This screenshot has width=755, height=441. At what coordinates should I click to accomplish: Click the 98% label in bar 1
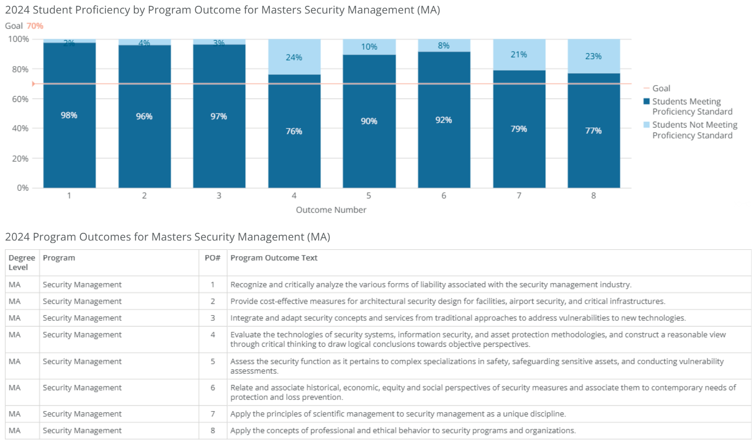coord(69,115)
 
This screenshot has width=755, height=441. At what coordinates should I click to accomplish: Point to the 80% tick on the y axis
coord(20,69)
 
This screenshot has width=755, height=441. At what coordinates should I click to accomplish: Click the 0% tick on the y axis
coord(23,188)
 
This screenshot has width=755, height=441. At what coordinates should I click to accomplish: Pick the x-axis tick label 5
coord(369,196)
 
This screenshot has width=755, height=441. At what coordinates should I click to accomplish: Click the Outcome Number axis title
coord(331,210)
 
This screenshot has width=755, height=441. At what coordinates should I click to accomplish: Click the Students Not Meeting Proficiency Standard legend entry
coord(694,130)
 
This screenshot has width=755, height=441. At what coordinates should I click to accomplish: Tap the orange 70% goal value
coord(35,26)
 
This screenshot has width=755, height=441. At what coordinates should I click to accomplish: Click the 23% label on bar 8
coord(593,56)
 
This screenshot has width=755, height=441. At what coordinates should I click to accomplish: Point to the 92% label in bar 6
coord(443,120)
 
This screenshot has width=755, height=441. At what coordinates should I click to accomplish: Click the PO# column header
coord(212,258)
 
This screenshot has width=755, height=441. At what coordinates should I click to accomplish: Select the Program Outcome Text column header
coord(274,258)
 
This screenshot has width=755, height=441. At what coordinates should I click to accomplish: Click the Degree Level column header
coord(22,262)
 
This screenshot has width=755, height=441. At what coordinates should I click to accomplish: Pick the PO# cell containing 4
coord(213,334)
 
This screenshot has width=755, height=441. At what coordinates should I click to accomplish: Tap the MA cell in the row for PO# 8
coord(14,430)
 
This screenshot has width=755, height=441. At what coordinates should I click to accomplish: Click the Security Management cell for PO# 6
coord(82,387)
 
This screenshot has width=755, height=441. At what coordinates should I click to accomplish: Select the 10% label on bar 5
coord(369,47)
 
